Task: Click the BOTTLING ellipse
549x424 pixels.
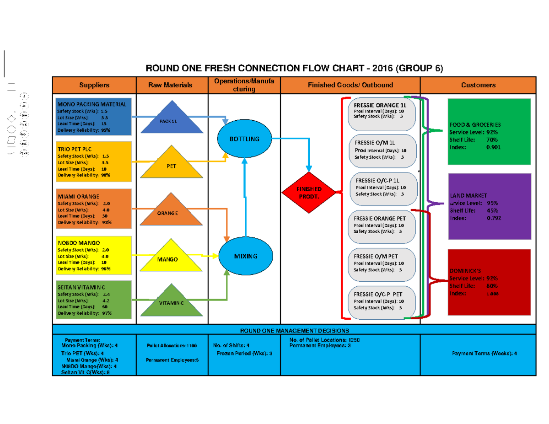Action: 245,139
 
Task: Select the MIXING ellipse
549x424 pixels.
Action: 246,256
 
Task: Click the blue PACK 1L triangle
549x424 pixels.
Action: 172,120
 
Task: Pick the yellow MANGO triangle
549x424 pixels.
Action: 172,258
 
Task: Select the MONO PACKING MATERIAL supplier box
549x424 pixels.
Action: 93,117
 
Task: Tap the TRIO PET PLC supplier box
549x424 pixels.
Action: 93,161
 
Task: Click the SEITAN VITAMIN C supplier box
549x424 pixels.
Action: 93,300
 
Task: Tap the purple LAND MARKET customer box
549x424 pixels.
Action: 489,206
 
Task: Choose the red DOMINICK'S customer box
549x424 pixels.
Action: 489,281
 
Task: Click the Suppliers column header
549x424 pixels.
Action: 94,85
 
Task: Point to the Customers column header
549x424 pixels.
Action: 478,85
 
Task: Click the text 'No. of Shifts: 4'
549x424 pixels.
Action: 231,345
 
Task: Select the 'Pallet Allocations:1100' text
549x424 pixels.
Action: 172,345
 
